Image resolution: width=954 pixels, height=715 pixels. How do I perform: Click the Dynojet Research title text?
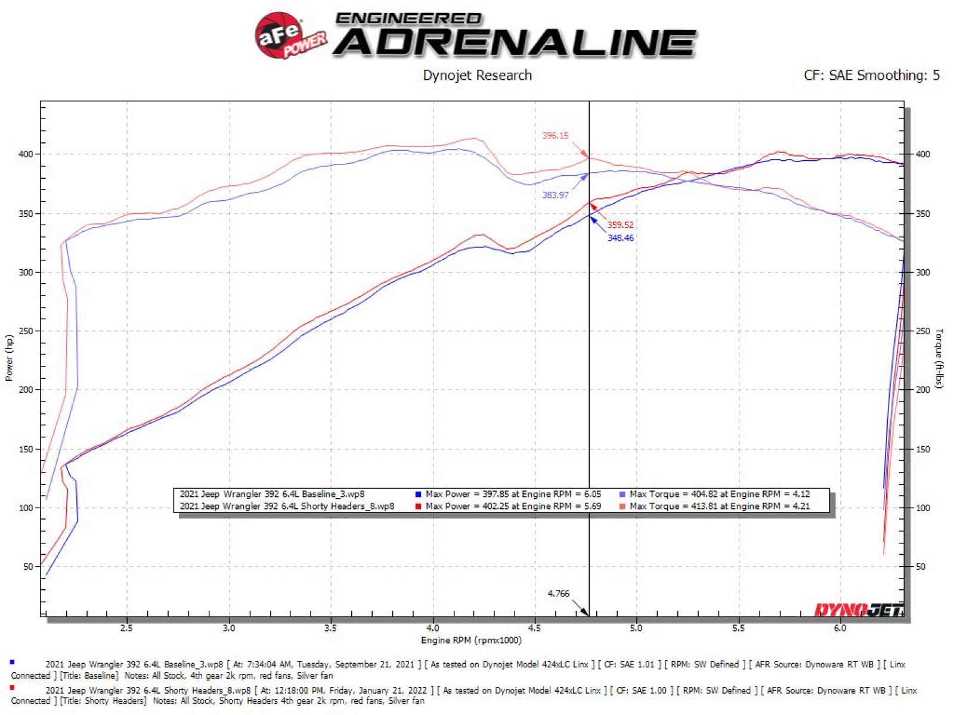pos(477,76)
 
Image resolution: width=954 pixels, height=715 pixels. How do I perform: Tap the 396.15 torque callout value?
pos(555,136)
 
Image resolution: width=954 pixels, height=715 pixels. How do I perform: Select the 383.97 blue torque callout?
pos(555,195)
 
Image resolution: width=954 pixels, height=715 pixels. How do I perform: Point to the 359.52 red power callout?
pos(620,225)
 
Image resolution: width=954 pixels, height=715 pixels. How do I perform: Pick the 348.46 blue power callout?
pos(620,238)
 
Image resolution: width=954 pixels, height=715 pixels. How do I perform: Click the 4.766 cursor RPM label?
pos(558,593)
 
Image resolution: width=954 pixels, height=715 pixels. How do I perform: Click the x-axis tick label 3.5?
pos(330,628)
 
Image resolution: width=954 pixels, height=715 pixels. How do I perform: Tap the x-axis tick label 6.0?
pos(840,628)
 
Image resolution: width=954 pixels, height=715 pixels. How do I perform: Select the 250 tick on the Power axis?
pos(26,331)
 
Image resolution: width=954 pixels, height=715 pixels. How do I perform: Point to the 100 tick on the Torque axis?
pos(922,508)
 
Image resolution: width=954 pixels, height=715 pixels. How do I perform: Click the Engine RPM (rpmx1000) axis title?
pos(471,641)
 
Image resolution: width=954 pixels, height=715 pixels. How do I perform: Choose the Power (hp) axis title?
pos(9,357)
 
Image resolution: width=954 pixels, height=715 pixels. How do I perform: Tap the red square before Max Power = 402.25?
pos(419,506)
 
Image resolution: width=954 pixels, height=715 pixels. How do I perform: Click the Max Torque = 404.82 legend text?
pos(719,494)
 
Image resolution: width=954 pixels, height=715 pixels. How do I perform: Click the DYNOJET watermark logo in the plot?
pos(859,610)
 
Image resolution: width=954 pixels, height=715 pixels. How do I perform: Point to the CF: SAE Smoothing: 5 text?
pos(871,76)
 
